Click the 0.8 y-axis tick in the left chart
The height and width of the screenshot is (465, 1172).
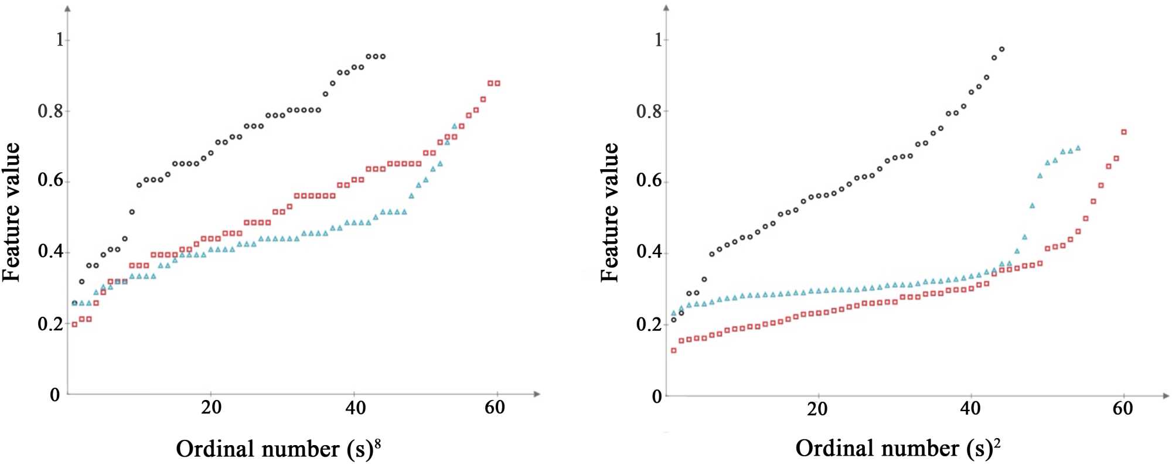coord(50,111)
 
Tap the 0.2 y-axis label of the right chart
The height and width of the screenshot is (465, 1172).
coord(649,324)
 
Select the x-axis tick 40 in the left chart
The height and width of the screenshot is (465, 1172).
coord(355,408)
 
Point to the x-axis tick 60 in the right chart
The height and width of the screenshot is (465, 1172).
coord(1122,408)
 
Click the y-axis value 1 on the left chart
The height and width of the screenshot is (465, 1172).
coord(59,40)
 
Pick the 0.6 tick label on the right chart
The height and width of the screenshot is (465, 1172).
coord(649,182)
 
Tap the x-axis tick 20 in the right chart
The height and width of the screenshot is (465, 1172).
coord(817,408)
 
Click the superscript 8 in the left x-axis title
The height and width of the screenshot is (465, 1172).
coord(377,444)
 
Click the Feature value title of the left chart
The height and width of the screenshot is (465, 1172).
coord(12,212)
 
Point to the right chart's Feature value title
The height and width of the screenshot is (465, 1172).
coord(610,212)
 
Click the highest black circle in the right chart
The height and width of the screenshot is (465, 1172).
coord(1001,49)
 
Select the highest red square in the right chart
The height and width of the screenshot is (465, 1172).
coord(1123,132)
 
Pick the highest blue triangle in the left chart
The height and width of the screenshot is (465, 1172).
coord(455,126)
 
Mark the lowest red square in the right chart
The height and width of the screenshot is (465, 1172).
coord(673,350)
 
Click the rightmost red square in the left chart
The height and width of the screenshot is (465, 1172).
coord(498,83)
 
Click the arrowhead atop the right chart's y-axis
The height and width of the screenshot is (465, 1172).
coord(666,8)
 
